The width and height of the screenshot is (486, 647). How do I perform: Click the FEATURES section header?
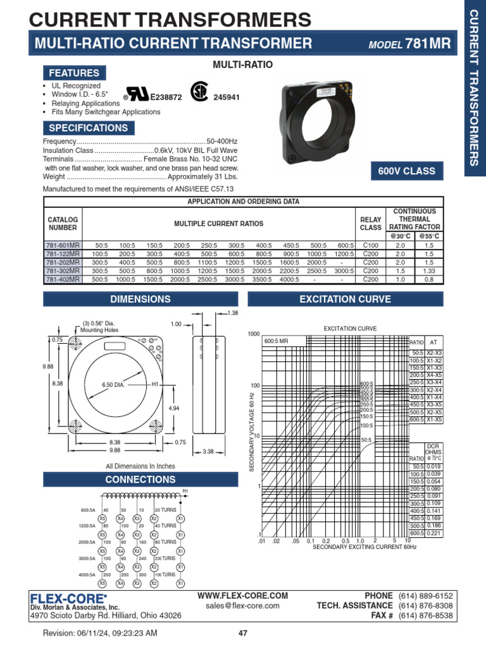click(75, 73)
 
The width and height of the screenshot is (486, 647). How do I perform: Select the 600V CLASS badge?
click(406, 171)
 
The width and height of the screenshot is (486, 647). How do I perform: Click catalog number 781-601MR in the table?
click(63, 245)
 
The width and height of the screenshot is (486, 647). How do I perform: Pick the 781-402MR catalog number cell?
click(63, 279)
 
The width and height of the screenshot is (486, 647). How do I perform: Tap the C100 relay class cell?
click(371, 245)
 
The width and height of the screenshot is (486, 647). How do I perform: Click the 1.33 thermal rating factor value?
click(429, 270)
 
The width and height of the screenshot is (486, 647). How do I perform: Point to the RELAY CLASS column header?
click(371, 223)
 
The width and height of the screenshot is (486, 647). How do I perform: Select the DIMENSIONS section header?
click(140, 299)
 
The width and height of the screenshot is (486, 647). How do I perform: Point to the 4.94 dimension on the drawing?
click(174, 408)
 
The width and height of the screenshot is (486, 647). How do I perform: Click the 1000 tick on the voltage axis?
click(253, 334)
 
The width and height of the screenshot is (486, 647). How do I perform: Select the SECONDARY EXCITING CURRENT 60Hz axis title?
click(365, 547)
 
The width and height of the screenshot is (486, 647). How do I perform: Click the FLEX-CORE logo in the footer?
click(68, 597)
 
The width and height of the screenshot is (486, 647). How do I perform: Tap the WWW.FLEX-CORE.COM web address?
click(242, 595)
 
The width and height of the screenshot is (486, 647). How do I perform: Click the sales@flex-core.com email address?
click(242, 605)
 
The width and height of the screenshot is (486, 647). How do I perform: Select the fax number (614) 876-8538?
click(425, 615)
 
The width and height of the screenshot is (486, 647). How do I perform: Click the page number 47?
click(242, 634)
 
